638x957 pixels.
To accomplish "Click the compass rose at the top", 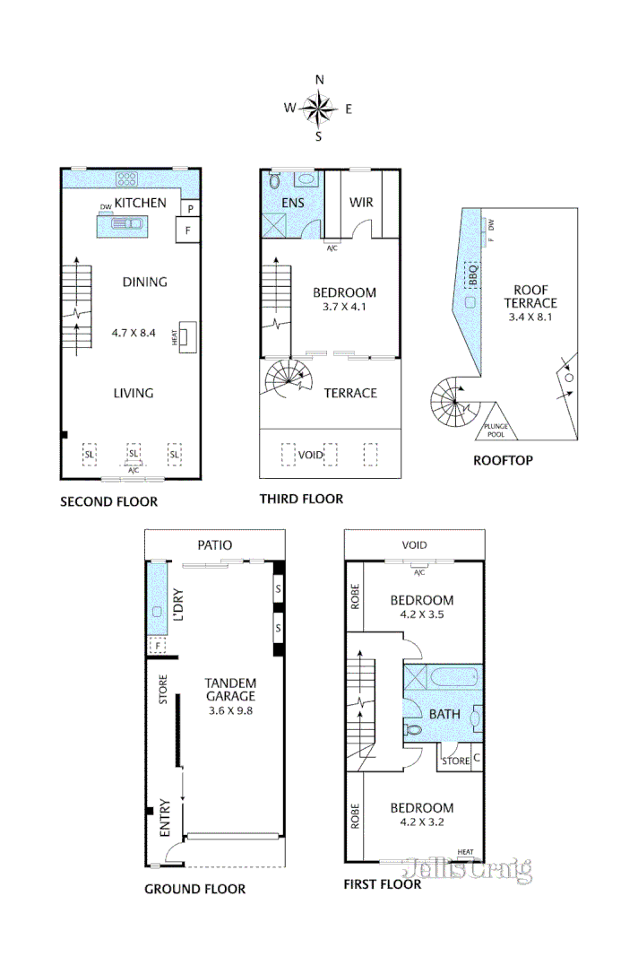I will [x=318, y=109].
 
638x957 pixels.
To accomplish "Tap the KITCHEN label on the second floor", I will [x=141, y=203].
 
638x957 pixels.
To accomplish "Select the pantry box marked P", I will [x=190, y=208].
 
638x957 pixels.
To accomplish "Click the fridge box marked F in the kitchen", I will [x=188, y=230].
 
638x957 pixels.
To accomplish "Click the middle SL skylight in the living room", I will [x=134, y=454].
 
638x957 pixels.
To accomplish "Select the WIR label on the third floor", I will [x=361, y=202].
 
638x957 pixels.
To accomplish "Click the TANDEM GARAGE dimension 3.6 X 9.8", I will [x=230, y=709].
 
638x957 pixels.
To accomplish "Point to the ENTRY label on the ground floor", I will [x=164, y=817].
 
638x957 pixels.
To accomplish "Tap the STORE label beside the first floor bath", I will [x=455, y=761].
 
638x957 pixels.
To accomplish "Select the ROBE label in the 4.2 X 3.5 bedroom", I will [x=356, y=596].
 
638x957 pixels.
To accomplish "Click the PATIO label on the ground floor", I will [x=214, y=544].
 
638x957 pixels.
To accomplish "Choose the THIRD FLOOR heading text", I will [x=300, y=499].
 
